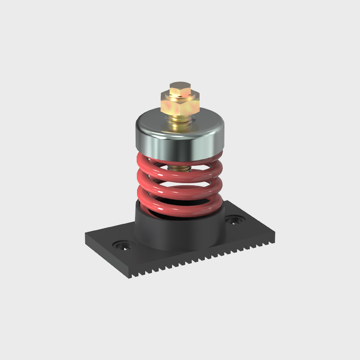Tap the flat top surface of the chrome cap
(159, 118)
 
